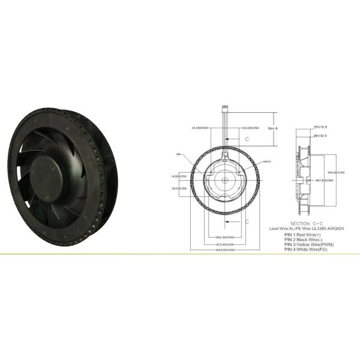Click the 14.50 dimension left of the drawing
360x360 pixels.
pyautogui.click(x=179, y=176)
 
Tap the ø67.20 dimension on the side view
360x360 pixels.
pyautogui.click(x=324, y=179)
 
